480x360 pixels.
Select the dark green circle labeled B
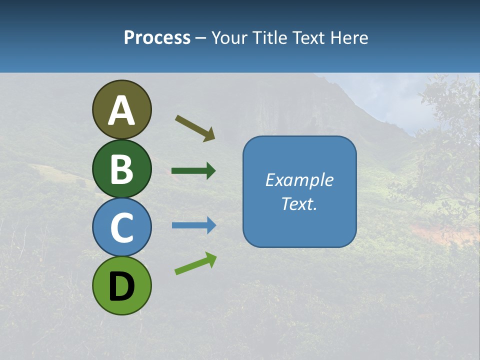(x=121, y=168)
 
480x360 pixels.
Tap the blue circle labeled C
(x=121, y=227)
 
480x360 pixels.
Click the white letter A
(x=121, y=111)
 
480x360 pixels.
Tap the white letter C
(x=121, y=228)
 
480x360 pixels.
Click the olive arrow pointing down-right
(x=195, y=128)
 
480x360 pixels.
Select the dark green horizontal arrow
(x=193, y=171)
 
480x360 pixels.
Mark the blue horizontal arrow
(x=193, y=225)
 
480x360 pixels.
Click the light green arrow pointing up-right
(x=195, y=263)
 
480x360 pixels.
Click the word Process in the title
(x=157, y=38)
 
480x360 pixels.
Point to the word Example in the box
(x=299, y=180)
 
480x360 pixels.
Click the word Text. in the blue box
(x=299, y=203)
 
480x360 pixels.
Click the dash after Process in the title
(x=200, y=38)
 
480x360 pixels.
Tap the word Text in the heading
(x=308, y=38)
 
